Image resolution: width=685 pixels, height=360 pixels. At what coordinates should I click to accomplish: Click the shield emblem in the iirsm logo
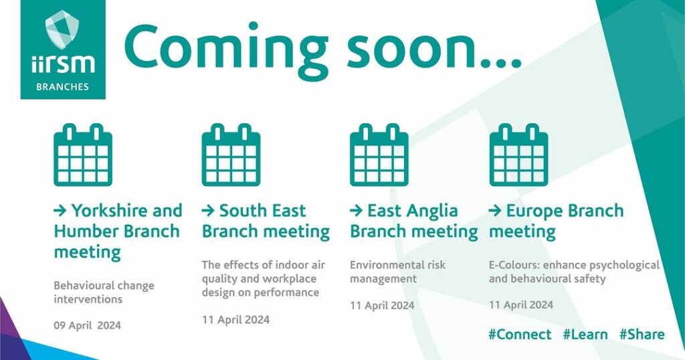coord(62,29)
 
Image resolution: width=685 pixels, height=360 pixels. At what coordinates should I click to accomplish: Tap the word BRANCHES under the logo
coord(62,86)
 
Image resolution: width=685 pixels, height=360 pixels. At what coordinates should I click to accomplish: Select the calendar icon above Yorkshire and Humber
coord(83,155)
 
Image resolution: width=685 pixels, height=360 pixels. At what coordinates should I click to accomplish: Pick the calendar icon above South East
coord(231,155)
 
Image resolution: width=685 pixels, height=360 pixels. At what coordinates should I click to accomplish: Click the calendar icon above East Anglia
coord(379,155)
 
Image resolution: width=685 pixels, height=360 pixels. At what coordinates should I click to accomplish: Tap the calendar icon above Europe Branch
coord(518,155)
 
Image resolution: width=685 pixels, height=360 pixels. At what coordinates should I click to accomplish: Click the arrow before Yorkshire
coord(60,211)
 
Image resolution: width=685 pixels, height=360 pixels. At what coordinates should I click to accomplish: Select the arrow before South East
coord(208,211)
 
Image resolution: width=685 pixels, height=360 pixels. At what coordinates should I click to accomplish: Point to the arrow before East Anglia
coord(356,211)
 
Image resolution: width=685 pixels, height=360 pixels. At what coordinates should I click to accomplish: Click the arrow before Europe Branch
coord(495,211)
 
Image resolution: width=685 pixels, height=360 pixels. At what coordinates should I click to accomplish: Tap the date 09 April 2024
coord(88,325)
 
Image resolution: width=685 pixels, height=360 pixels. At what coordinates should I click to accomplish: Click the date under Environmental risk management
coord(382,305)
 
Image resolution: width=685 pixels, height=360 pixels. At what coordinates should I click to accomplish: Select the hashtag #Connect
coord(520,335)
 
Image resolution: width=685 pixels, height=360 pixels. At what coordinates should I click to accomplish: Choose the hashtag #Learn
coord(585,335)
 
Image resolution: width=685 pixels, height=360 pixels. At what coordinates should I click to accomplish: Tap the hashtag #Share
coord(642,335)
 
